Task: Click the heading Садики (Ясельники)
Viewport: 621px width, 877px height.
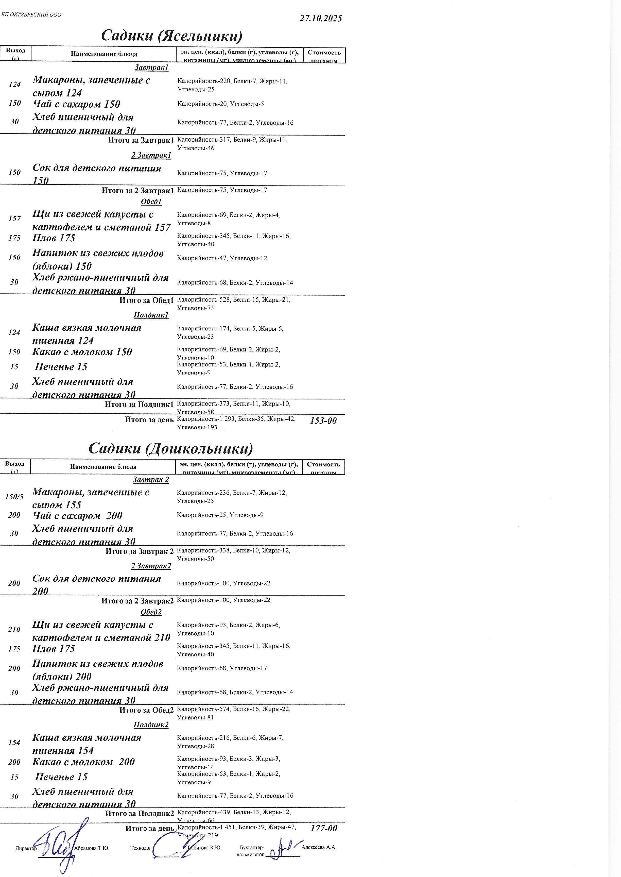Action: (x=172, y=36)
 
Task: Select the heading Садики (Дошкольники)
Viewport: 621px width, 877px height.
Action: (x=170, y=448)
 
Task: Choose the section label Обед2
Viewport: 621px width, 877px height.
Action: (x=151, y=612)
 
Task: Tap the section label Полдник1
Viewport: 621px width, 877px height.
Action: (x=151, y=315)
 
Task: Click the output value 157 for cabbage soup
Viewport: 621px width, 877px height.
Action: (x=14, y=218)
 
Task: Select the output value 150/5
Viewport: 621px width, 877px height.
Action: (x=14, y=497)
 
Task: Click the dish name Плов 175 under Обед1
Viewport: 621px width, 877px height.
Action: (x=54, y=238)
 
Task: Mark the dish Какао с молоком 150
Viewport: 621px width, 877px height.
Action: (x=82, y=352)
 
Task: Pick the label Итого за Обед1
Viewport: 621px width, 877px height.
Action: (x=146, y=300)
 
